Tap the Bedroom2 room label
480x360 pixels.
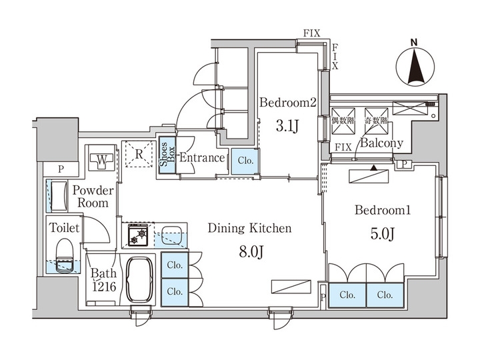[x=287, y=103]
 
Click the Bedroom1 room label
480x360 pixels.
[x=382, y=211]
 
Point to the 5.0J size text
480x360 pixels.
[x=382, y=235]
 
